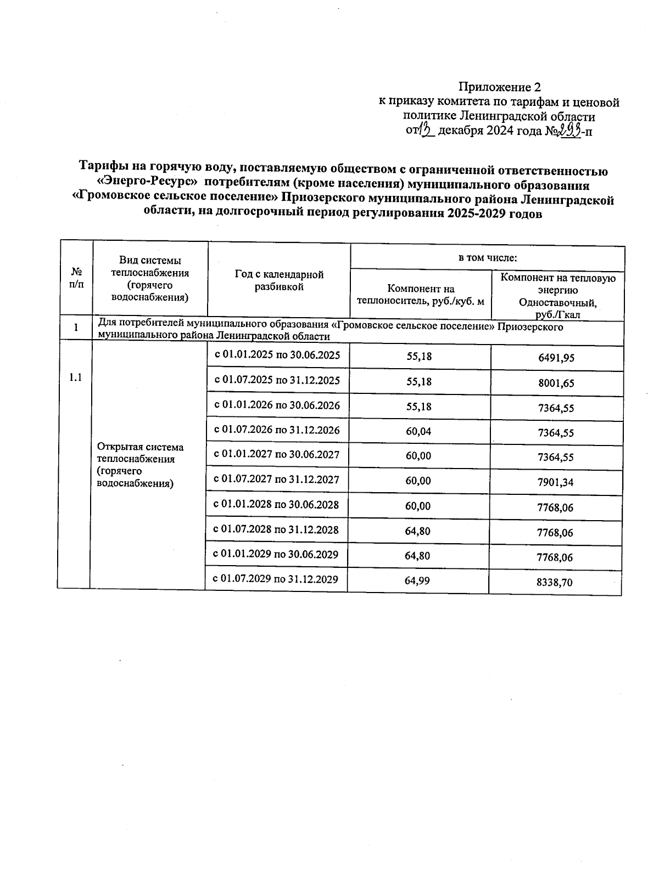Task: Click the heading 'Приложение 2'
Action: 499,87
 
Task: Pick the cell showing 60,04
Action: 418,432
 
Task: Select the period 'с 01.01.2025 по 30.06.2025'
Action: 277,355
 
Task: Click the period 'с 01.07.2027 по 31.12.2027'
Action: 276,480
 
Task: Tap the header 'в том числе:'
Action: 488,257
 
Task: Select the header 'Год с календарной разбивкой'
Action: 279,280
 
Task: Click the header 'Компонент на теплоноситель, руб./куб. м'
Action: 421,295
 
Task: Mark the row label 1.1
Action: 75,377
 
